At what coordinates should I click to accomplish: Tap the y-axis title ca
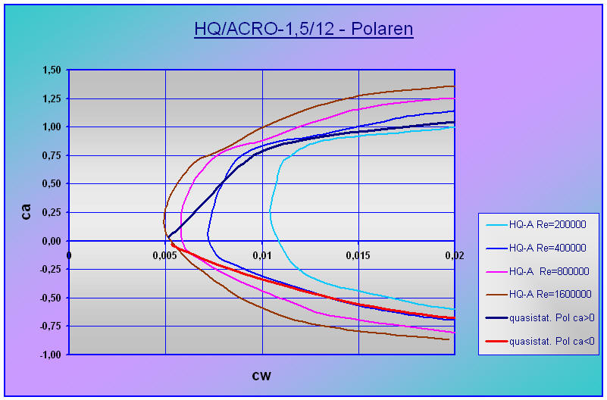pos(27,211)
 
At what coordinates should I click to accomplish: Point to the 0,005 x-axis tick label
pos(165,255)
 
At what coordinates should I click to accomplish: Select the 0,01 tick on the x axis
pos(261,255)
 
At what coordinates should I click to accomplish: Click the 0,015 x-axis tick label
pos(358,255)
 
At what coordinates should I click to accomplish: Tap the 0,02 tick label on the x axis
pos(453,255)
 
